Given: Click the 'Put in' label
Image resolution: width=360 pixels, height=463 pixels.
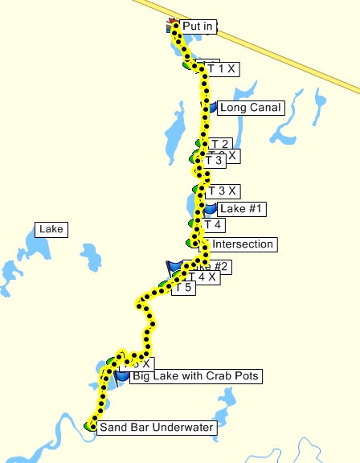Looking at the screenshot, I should [x=198, y=27].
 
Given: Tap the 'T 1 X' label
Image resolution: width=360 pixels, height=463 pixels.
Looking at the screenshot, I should [x=221, y=69].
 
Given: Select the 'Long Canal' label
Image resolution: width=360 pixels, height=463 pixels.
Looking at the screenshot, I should [x=250, y=107].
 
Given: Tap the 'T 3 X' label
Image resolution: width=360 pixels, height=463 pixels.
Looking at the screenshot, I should [x=223, y=191].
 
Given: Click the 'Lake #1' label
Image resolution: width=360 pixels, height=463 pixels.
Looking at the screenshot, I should [x=242, y=209].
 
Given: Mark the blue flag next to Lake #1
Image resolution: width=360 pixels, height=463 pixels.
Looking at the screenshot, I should [x=210, y=209].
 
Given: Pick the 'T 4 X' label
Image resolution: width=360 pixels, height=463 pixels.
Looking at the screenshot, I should [x=202, y=277].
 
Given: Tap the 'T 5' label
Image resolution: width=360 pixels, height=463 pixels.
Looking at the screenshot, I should [x=184, y=288].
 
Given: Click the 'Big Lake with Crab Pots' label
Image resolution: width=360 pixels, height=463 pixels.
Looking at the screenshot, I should [x=196, y=375].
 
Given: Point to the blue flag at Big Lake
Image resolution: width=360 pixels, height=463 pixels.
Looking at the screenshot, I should [x=121, y=375].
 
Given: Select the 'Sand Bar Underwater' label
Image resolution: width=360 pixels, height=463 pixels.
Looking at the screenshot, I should [x=156, y=428].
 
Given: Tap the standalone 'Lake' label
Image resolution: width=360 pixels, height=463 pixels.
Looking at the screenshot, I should [x=51, y=230].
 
